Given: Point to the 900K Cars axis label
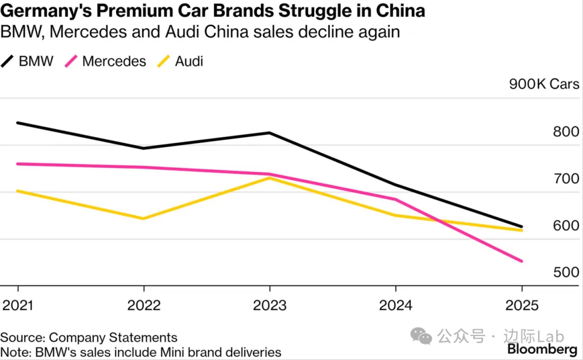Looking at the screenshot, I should [544, 84].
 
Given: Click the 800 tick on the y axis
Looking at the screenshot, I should [566, 132].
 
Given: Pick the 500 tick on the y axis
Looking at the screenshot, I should [566, 272].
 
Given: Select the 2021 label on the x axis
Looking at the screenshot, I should [17, 305].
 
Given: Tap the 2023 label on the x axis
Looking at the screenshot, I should [269, 305].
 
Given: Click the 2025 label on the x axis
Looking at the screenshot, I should [521, 305].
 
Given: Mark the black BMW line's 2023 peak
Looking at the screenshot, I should [269, 133].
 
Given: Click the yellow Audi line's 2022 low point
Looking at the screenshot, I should [144, 219].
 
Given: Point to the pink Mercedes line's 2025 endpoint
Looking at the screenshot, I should [521, 261].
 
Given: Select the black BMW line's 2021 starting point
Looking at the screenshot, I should [17, 123].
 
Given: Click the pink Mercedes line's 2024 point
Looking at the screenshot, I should [396, 199].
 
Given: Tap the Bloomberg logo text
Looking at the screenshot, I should [541, 350].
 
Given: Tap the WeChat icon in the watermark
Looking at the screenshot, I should [422, 337].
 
